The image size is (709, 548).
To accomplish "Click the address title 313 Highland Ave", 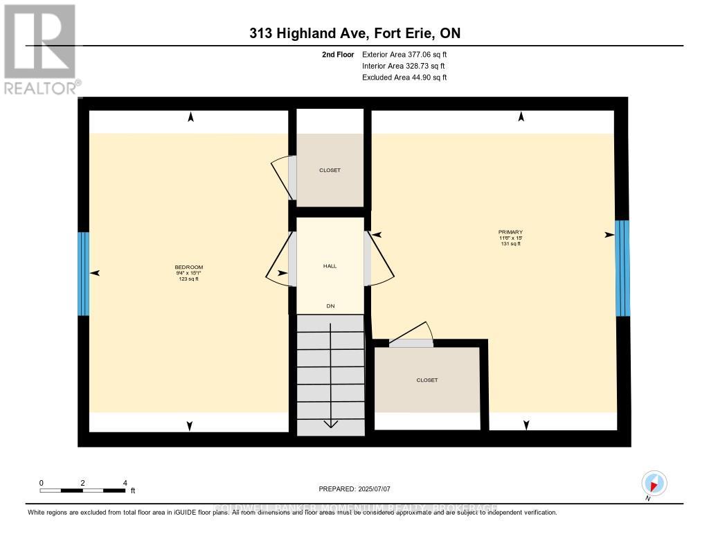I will (354, 33).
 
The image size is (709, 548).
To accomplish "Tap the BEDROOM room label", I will (188, 267).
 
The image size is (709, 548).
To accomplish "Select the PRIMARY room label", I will (510, 232).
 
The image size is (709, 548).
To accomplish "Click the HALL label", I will (330, 266).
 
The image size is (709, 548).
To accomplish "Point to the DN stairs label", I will (330, 306).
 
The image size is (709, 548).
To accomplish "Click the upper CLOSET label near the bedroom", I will (330, 170).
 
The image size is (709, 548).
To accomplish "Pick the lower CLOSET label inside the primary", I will (427, 380).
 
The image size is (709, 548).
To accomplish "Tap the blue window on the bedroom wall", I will (83, 273).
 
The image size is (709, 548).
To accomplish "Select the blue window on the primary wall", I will (622, 267).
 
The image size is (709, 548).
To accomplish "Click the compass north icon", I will (654, 483).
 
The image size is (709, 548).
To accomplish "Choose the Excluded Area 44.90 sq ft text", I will (404, 78).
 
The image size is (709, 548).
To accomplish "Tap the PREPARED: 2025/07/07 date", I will (354, 489).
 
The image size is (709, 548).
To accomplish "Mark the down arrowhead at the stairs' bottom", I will (330, 423).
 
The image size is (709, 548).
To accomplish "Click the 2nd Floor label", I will (337, 54).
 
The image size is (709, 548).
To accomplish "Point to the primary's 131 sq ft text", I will (510, 244).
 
